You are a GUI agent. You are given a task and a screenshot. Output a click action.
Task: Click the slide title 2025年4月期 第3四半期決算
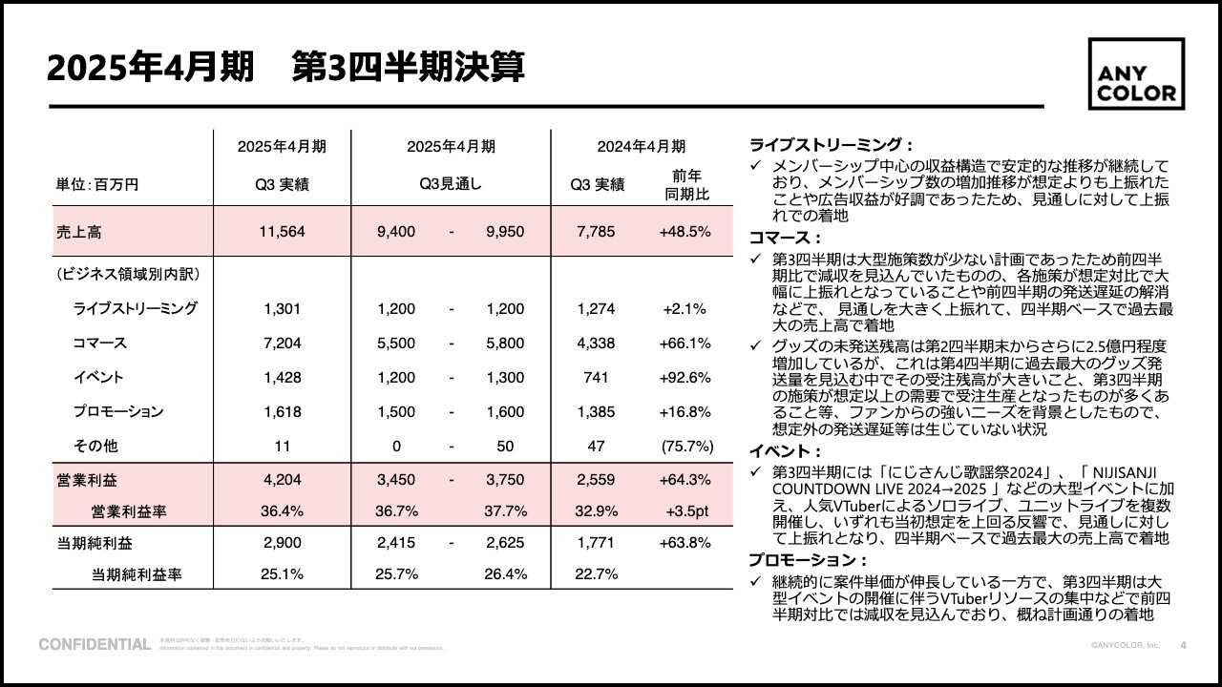pos(284,69)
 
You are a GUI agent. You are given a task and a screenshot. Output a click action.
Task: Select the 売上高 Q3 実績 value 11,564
pos(282,232)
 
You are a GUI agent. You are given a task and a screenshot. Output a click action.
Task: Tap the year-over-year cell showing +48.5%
pos(685,232)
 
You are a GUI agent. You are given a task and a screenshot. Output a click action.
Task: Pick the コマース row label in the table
pos(99,343)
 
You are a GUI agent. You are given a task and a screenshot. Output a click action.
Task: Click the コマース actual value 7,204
pos(282,343)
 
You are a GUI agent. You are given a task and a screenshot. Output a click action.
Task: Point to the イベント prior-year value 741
pos(596,377)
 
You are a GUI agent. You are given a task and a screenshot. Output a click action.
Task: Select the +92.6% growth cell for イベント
pos(685,377)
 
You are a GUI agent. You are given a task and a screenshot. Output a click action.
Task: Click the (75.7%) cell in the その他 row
pos(685,446)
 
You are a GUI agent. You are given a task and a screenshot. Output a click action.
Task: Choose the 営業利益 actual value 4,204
pos(282,480)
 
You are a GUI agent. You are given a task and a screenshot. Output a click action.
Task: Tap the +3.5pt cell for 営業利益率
pos(685,510)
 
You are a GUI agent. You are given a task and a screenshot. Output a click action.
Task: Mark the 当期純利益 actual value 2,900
pos(282,542)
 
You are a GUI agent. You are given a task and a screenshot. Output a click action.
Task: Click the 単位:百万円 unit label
pos(97,185)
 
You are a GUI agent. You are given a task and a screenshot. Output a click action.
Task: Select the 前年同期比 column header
pos(685,185)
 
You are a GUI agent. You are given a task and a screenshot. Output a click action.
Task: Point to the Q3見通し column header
pos(451,185)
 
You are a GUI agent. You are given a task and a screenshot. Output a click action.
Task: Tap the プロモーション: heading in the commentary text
pos(808,560)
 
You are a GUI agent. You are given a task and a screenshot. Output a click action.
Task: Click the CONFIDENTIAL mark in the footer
pos(95,645)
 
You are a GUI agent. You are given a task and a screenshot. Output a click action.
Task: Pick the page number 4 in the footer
pos(1184,645)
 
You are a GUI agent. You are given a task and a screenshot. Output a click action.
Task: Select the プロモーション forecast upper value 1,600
pos(505,411)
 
